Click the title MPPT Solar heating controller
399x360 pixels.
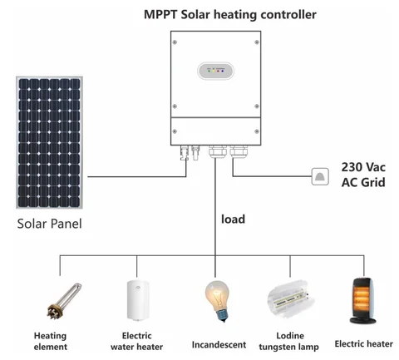217,15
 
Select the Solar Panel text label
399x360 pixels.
51,223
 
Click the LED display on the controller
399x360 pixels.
217,71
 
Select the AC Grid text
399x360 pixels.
363,183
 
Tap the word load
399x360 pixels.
234,219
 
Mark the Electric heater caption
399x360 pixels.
362,343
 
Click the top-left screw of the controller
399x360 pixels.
175,41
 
